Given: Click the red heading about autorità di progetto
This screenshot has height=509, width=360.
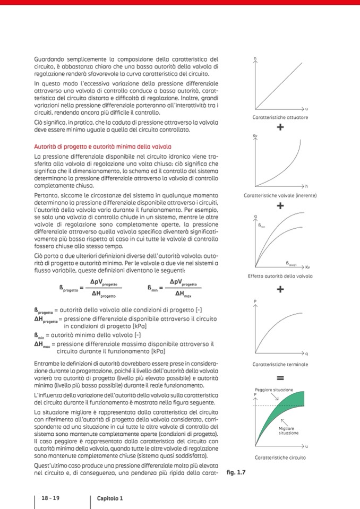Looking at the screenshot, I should click(x=102, y=146).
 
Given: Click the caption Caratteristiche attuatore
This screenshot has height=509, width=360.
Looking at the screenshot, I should click(x=280, y=117).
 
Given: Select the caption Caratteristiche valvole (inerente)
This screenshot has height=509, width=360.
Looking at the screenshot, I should click(x=280, y=195).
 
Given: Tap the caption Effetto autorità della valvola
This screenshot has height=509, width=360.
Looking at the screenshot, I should click(x=280, y=276).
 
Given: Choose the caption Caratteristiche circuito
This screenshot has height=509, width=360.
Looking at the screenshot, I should click(x=280, y=458).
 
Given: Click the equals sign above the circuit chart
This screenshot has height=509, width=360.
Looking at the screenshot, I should click(x=280, y=378).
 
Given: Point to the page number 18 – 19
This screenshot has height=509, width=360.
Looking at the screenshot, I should click(x=50, y=498).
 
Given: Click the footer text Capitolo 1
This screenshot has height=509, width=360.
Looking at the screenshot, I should click(x=110, y=498).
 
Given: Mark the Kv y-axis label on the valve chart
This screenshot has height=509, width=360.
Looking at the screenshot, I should click(x=255, y=136).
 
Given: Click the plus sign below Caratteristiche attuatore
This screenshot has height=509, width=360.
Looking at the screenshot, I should click(x=280, y=127).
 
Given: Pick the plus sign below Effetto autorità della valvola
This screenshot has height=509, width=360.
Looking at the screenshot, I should click(x=280, y=289).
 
